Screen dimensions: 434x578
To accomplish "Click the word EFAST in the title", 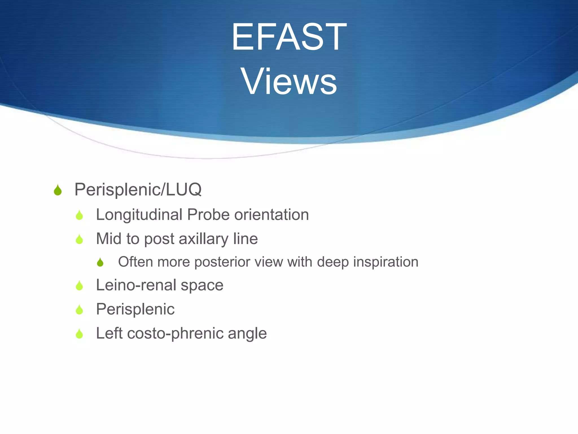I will [x=289, y=37].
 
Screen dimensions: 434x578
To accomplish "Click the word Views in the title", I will [x=289, y=82].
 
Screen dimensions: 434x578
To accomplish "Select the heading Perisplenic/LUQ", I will [x=138, y=190].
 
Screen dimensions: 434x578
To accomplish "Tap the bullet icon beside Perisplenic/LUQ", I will [x=58, y=190].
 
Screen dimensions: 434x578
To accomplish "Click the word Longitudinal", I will [x=139, y=215].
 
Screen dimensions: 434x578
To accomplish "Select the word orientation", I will [x=272, y=215].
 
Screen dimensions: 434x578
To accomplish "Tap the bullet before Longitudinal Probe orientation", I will [x=79, y=215].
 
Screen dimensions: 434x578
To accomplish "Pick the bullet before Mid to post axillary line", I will [x=79, y=240].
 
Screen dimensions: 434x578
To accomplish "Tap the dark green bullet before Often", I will [x=100, y=262].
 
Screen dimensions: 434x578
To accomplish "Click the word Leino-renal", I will [x=136, y=285].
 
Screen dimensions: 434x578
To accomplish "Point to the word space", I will [x=202, y=285].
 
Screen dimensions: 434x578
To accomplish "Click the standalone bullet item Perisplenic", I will [x=135, y=309].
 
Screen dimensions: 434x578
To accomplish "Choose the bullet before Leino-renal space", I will [x=79, y=286].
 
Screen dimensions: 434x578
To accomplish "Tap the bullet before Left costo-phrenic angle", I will [x=79, y=334].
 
